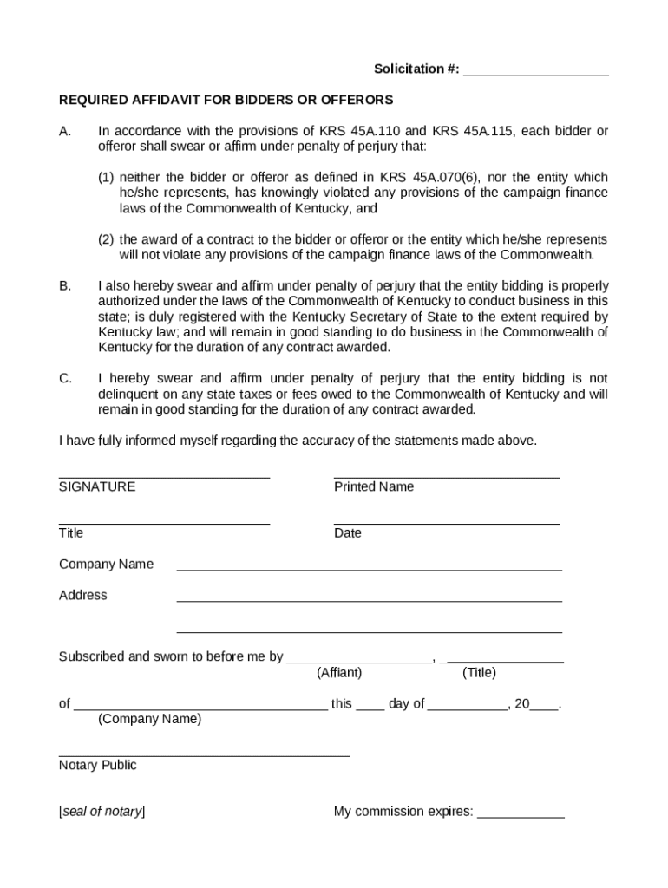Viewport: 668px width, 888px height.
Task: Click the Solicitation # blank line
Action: point(535,75)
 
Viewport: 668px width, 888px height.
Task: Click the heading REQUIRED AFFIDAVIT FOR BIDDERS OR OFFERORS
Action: point(226,100)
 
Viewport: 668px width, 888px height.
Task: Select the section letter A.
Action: point(64,132)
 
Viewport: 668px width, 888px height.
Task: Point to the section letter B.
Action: point(64,285)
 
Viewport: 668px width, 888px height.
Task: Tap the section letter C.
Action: point(65,378)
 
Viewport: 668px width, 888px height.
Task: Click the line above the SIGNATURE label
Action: point(164,478)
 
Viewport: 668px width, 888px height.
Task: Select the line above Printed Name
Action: point(446,478)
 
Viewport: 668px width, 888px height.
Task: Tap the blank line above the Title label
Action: point(164,524)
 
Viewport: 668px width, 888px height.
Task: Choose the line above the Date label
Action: point(446,524)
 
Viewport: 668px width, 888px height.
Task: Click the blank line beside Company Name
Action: point(369,570)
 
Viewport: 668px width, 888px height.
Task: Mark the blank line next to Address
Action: point(369,601)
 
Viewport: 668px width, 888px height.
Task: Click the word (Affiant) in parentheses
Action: point(339,673)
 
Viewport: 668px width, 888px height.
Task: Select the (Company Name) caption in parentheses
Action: point(149,719)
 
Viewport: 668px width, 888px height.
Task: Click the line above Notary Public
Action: point(204,756)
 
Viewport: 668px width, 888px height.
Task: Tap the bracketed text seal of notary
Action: point(102,812)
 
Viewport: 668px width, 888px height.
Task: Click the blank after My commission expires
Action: point(521,818)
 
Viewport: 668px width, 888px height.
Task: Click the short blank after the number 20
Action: point(544,709)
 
